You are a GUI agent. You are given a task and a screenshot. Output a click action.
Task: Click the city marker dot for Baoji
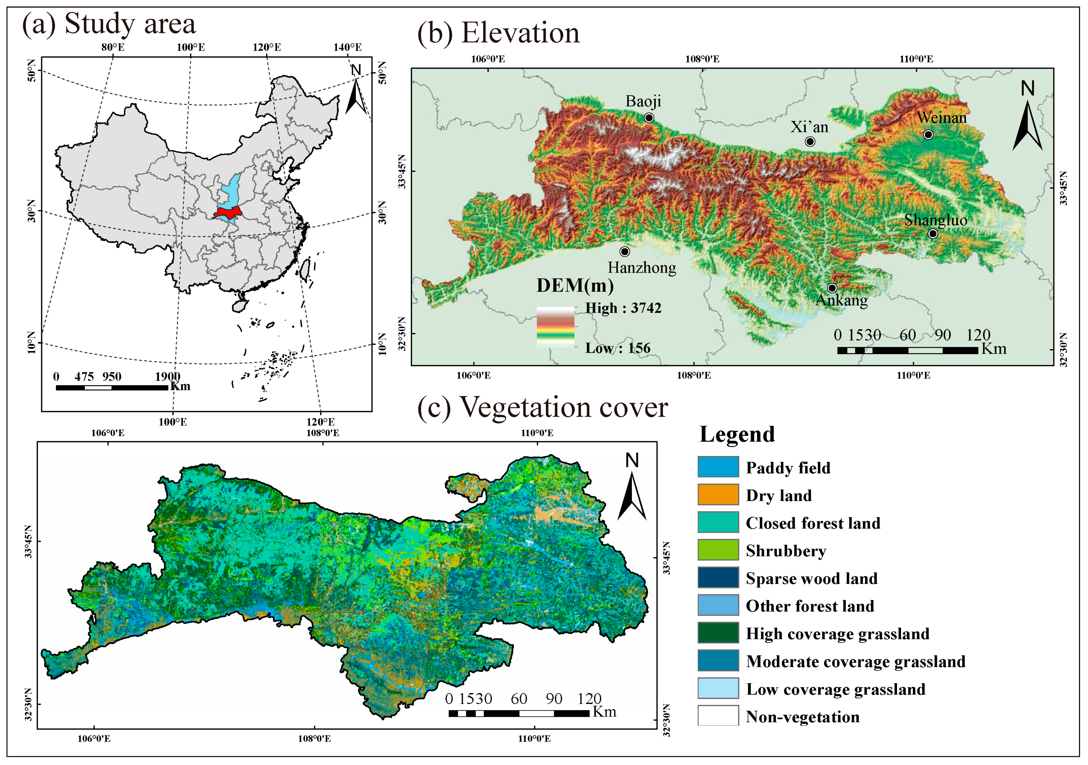(x=649, y=117)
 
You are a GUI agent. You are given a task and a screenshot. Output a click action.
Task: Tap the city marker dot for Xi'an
(x=810, y=141)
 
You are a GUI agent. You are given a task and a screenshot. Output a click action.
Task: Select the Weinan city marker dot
(x=928, y=134)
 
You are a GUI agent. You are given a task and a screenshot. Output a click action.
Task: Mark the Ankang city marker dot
(x=832, y=288)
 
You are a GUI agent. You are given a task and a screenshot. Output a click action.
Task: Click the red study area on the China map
(x=228, y=213)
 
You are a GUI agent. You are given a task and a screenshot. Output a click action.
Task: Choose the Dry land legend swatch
(x=718, y=494)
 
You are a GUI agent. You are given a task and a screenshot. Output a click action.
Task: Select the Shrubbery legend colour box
(x=718, y=550)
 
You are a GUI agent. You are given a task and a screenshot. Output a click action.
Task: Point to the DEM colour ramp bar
(x=555, y=327)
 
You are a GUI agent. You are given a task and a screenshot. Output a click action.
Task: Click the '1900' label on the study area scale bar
(x=167, y=376)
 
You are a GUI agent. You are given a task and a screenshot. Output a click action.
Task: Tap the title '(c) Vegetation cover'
(x=543, y=407)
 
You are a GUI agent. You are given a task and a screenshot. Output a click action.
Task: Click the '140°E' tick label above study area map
(x=347, y=47)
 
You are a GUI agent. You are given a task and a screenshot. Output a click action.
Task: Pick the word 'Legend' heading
(x=737, y=434)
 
